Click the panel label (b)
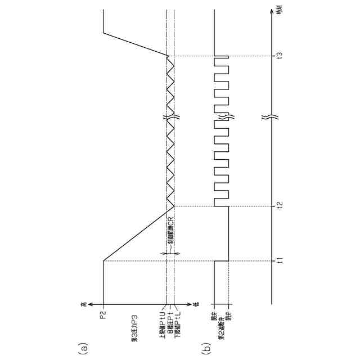click(x=206, y=349)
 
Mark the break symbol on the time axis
click(x=271, y=118)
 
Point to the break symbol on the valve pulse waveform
click(x=222, y=118)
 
